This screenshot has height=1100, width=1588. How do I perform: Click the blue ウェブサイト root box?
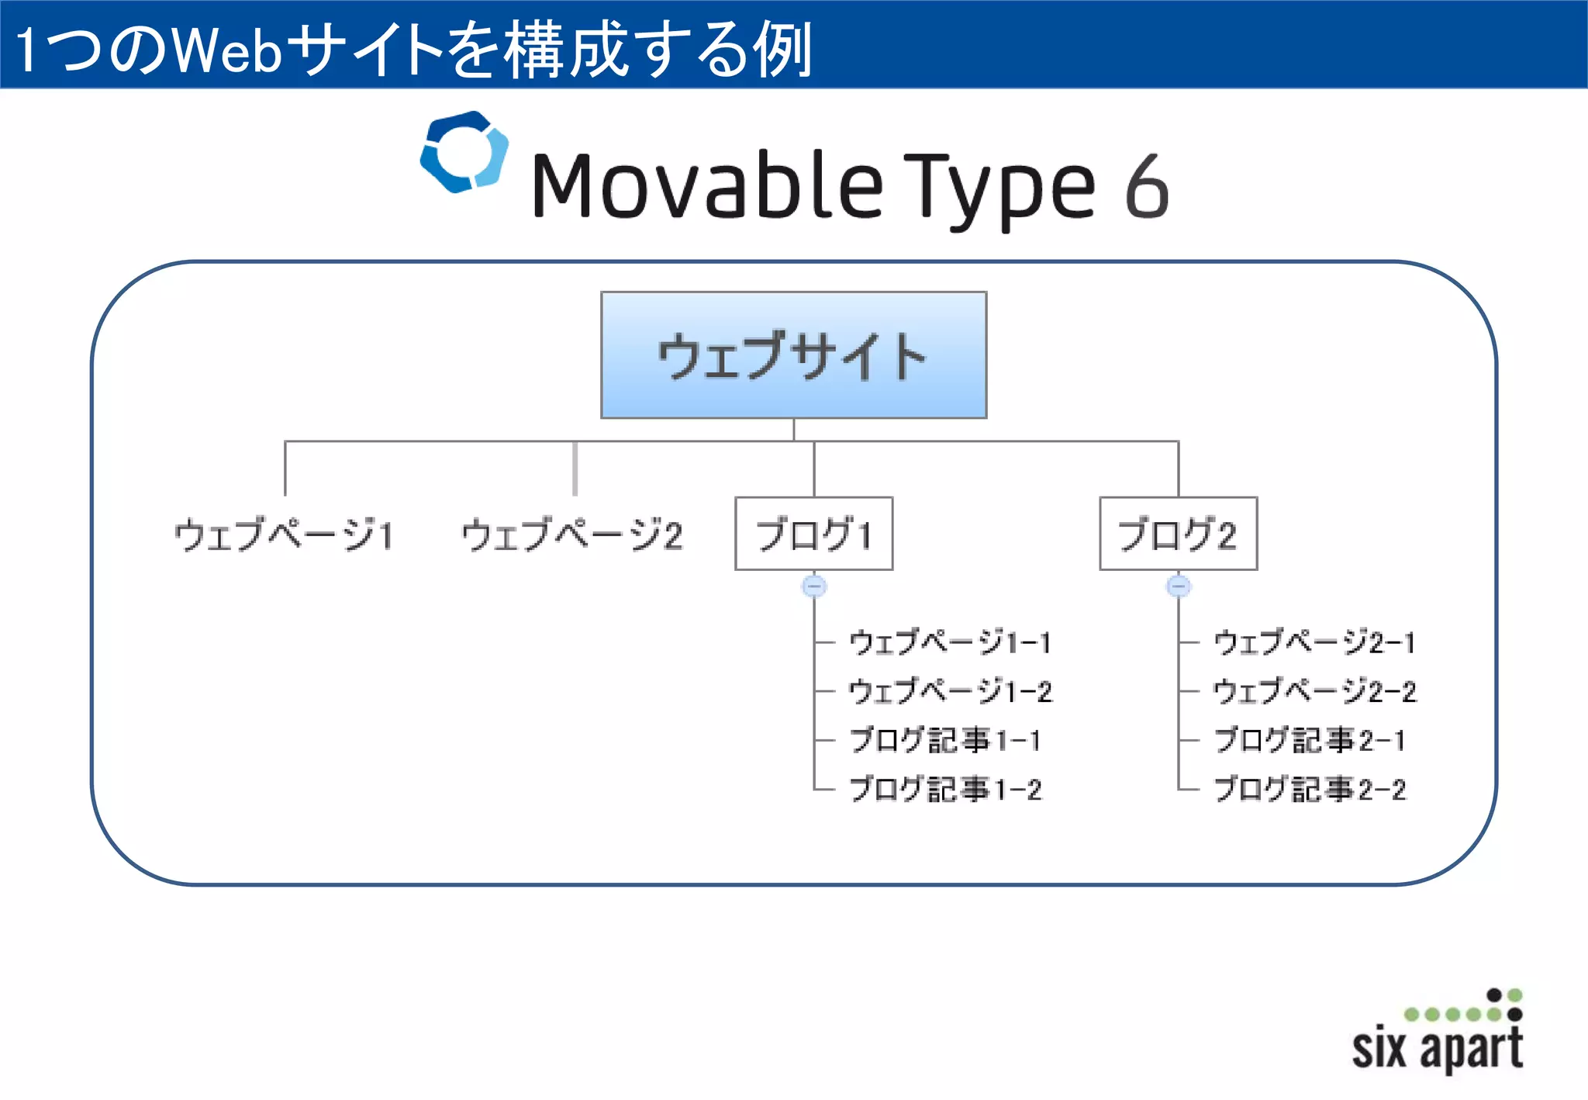[793, 355]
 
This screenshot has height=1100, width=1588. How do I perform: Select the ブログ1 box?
[813, 534]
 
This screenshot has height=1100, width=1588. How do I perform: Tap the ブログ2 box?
[1178, 534]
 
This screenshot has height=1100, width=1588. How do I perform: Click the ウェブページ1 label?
[284, 535]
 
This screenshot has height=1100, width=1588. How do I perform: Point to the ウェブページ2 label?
[571, 535]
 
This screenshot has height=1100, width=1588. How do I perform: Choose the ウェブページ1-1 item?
[950, 642]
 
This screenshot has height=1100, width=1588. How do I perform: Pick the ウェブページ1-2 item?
[950, 691]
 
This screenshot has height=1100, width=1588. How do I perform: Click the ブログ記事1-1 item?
[944, 740]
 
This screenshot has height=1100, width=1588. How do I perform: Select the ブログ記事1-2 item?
[944, 790]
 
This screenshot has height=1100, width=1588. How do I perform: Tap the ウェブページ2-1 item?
[1314, 642]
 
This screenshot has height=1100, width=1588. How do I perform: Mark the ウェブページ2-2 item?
[1314, 691]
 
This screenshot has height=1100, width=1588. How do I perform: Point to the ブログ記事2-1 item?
[1309, 740]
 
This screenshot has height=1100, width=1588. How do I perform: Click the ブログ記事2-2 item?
[1309, 790]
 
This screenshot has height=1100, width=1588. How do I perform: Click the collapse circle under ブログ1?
[813, 586]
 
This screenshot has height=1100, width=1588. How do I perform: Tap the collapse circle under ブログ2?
[1178, 586]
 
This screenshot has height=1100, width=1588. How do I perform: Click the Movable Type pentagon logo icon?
[464, 152]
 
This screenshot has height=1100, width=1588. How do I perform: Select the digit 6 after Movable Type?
[1146, 186]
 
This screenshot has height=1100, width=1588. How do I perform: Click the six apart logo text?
[1437, 1047]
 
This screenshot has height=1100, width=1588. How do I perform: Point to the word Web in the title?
[226, 50]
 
